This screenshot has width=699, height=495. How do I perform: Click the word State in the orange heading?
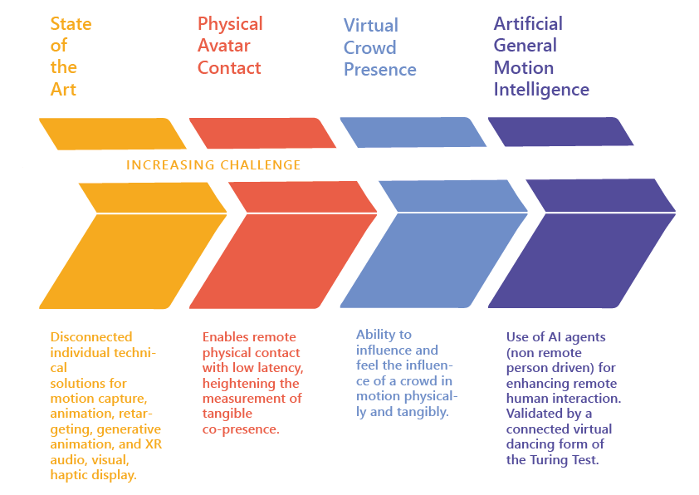(71, 23)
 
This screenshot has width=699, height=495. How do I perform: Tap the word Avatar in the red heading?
(224, 46)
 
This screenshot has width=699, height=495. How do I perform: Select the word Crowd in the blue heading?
(370, 47)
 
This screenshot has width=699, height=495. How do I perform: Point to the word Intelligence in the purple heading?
(541, 90)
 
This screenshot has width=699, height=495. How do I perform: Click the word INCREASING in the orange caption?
(170, 165)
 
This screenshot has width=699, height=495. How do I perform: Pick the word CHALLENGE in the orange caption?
(261, 165)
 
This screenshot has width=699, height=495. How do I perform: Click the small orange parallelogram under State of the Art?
(113, 134)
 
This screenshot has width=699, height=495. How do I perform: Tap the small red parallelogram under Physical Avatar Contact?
(262, 133)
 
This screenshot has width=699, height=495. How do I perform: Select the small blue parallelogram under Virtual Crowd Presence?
(413, 132)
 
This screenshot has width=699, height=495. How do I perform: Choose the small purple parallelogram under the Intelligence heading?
(561, 131)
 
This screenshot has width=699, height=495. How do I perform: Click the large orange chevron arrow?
(134, 245)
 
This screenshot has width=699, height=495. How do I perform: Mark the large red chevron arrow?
(284, 245)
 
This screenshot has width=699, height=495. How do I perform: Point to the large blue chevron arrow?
(433, 244)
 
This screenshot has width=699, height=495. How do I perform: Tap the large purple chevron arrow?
(582, 243)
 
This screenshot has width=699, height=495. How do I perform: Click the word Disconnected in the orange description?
(91, 336)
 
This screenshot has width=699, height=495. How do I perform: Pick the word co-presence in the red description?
(241, 429)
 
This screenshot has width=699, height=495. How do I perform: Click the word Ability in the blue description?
(375, 335)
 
